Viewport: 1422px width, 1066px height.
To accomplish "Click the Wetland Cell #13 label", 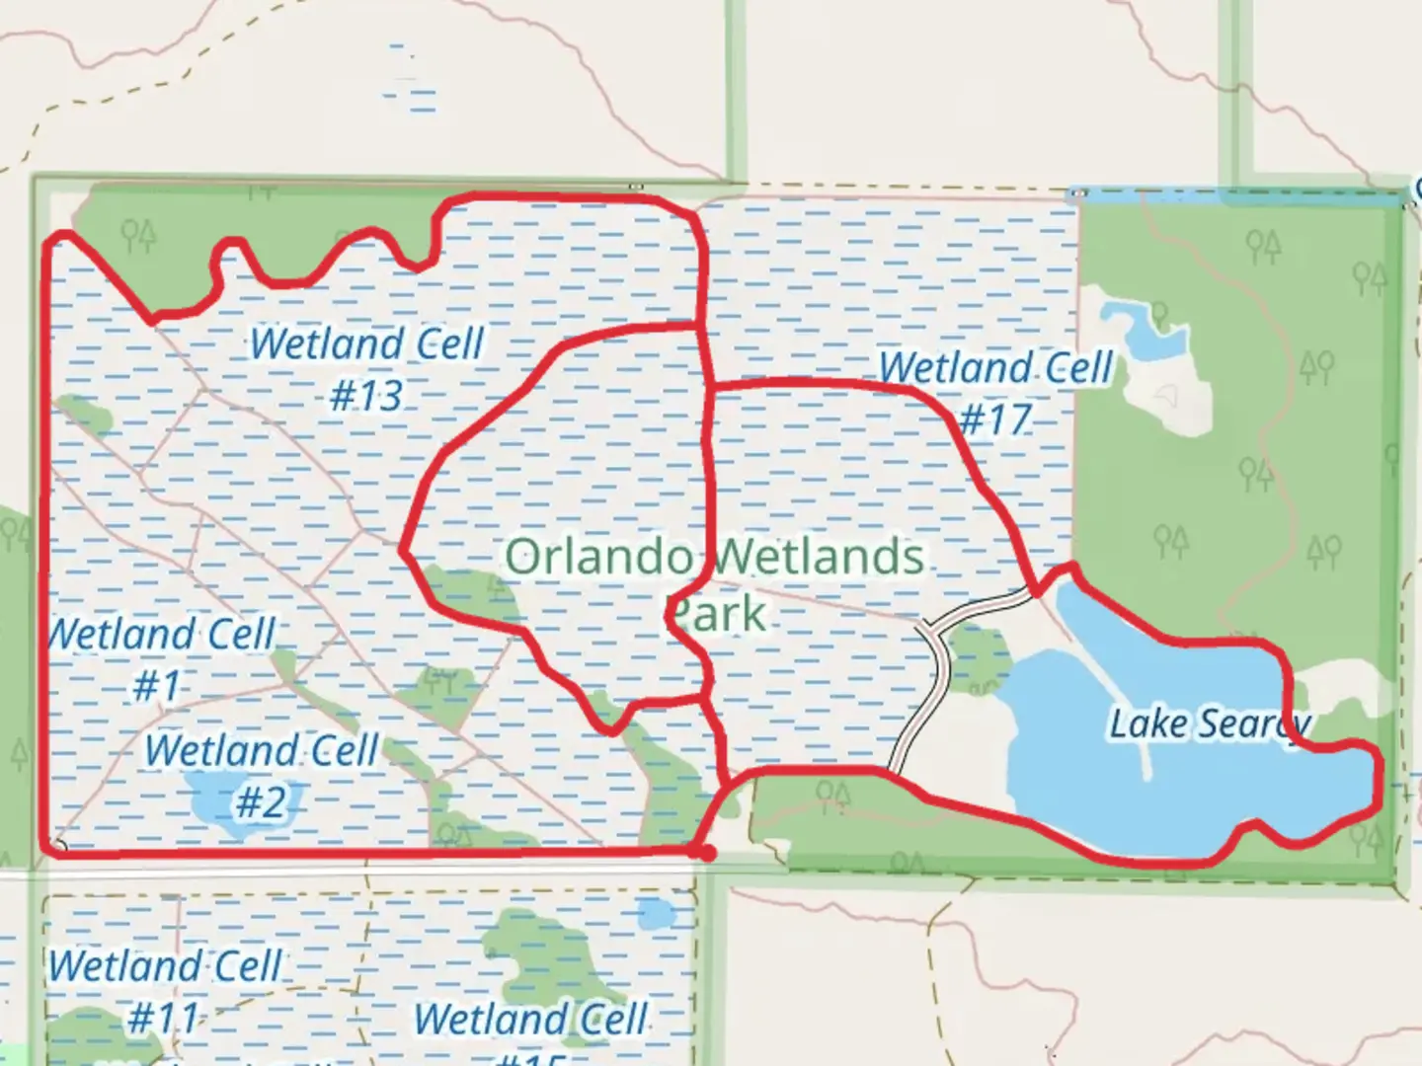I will (366, 369).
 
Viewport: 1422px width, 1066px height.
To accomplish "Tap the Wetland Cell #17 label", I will (995, 393).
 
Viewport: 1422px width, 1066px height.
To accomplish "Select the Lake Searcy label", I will (1211, 724).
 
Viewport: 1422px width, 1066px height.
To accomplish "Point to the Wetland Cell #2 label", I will (262, 776).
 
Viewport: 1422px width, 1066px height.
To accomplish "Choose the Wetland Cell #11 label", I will (165, 991).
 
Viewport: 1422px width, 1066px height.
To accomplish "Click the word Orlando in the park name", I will (599, 558).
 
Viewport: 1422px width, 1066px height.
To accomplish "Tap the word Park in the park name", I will (716, 614).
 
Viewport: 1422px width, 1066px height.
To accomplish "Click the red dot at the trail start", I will (704, 852).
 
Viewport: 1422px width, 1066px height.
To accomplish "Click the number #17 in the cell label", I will (994, 420).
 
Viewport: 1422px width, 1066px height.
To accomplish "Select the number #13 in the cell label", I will (366, 397).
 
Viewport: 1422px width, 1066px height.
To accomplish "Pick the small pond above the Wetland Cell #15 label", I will (654, 914).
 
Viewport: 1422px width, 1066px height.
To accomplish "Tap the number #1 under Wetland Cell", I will (157, 684).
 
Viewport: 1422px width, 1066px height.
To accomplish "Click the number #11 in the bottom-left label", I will (163, 1019).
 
